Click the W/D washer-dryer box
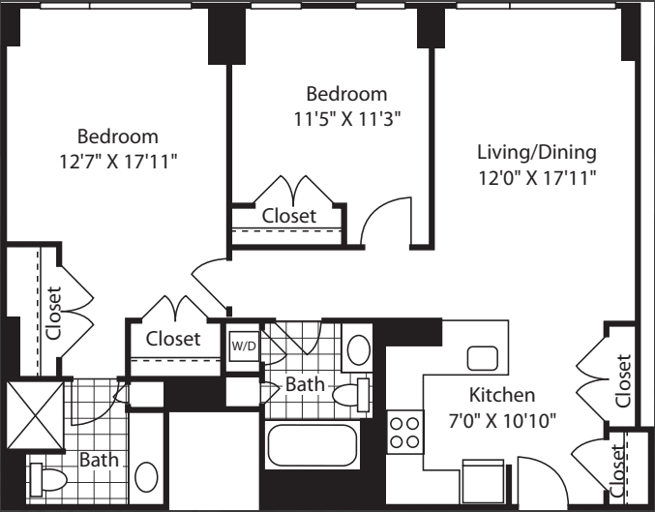tap(244, 346)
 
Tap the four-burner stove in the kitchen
tap(404, 433)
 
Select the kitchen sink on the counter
tap(483, 358)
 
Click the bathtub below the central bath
tap(313, 444)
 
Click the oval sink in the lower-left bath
tap(146, 477)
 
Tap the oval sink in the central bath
tap(358, 349)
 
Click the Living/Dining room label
tap(537, 152)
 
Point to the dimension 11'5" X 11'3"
tap(347, 120)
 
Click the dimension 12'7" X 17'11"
tap(119, 162)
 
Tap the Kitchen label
tap(502, 395)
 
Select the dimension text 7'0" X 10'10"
tap(502, 421)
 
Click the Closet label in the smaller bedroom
tap(289, 216)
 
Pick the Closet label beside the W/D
tap(173, 339)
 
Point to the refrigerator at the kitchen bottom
tap(483, 481)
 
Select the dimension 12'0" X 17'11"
tap(537, 178)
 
